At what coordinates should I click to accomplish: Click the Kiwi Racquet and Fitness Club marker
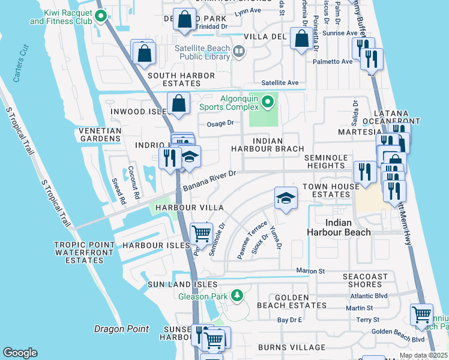click(x=101, y=16)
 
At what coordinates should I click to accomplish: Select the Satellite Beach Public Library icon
click(x=238, y=52)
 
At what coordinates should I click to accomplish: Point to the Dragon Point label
click(x=121, y=329)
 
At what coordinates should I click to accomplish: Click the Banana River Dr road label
click(x=211, y=178)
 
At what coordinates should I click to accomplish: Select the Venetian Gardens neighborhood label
click(x=99, y=134)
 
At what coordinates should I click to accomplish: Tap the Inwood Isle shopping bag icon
click(x=179, y=103)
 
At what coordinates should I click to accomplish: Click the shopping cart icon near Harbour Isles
click(x=201, y=233)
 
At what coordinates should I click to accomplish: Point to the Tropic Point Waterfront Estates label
click(x=84, y=253)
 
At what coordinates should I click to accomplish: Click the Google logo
click(x=20, y=353)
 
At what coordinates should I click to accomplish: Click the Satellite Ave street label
click(x=280, y=83)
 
